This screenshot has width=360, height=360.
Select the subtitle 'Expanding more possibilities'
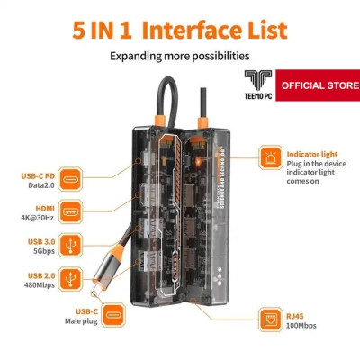178,56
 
